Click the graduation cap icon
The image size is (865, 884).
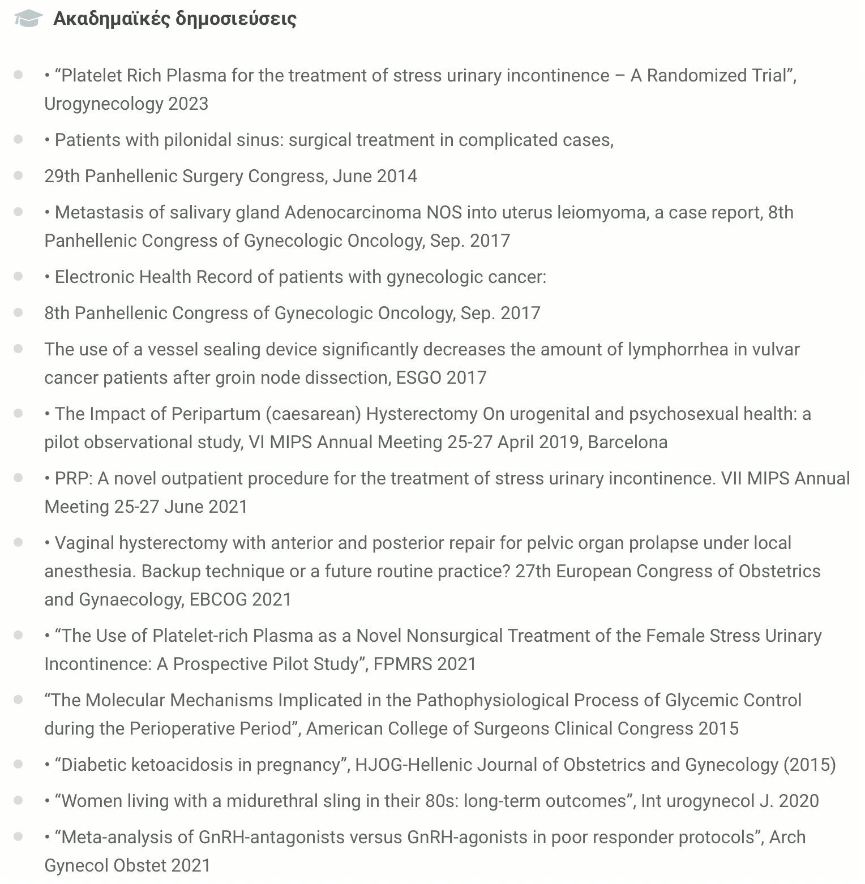coord(28,19)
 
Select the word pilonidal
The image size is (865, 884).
coord(195,140)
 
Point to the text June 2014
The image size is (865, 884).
coord(375,176)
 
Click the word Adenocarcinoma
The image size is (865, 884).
coord(353,212)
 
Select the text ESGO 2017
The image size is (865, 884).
coord(441,377)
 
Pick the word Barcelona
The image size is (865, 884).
coord(628,442)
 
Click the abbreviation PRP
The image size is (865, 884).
coord(72,478)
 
